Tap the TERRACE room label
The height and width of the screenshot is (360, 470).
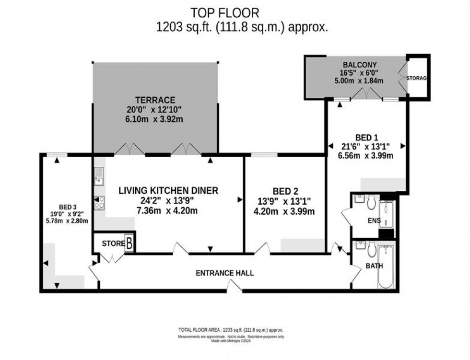[154, 100]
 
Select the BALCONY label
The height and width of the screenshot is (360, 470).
[359, 65]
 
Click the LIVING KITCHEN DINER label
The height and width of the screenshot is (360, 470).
[168, 190]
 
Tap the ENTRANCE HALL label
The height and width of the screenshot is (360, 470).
[224, 273]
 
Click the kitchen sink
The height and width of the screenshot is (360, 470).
[99, 175]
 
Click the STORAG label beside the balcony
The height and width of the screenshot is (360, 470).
[415, 78]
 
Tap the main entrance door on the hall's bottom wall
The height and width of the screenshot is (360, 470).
[234, 288]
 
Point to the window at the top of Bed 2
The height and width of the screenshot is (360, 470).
[264, 155]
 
